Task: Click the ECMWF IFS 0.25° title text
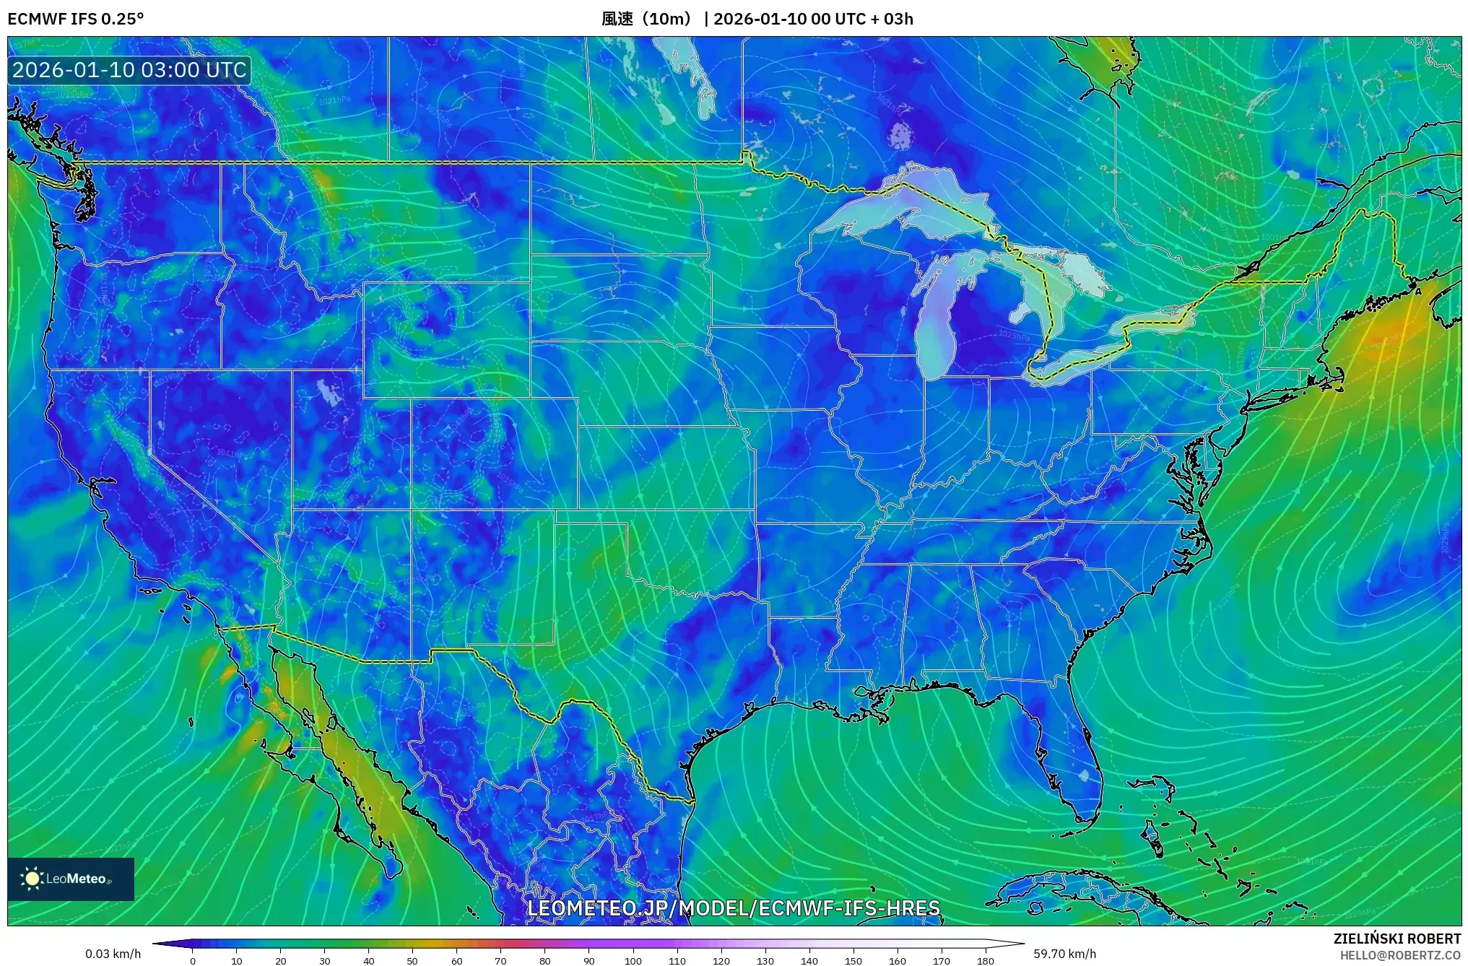[76, 19]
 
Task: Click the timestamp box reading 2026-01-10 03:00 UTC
[129, 71]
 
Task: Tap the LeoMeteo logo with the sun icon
[70, 879]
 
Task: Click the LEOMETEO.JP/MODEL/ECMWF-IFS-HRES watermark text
[733, 908]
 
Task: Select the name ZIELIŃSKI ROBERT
[1397, 939]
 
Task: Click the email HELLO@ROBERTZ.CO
[1400, 955]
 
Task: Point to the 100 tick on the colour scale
[633, 961]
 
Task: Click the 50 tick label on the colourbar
[412, 961]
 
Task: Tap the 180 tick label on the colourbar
[985, 961]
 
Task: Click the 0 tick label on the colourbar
[192, 961]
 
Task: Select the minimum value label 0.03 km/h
[113, 954]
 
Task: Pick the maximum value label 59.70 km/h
[1064, 954]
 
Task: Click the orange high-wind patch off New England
[1390, 336]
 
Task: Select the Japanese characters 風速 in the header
[617, 19]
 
